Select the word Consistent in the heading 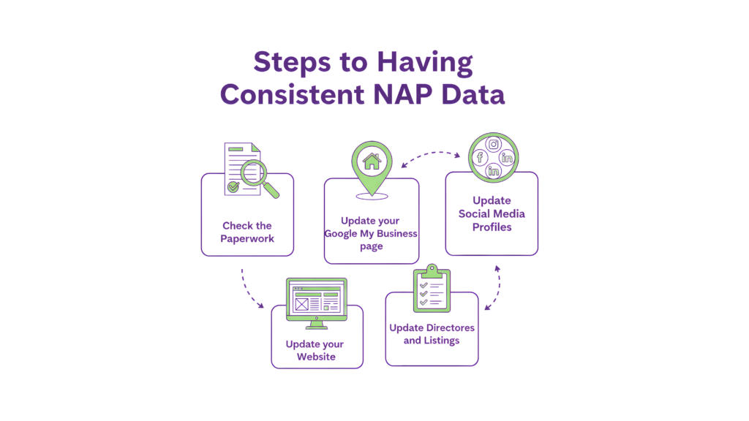click(292, 95)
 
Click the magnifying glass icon click(260, 178)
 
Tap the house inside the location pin click(371, 161)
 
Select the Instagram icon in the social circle click(494, 145)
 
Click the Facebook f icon click(479, 158)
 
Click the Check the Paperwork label click(247, 232)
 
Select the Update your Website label click(316, 350)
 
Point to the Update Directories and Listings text click(432, 333)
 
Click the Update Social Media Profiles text click(492, 213)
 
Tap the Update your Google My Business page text click(372, 233)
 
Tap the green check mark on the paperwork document click(233, 187)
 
